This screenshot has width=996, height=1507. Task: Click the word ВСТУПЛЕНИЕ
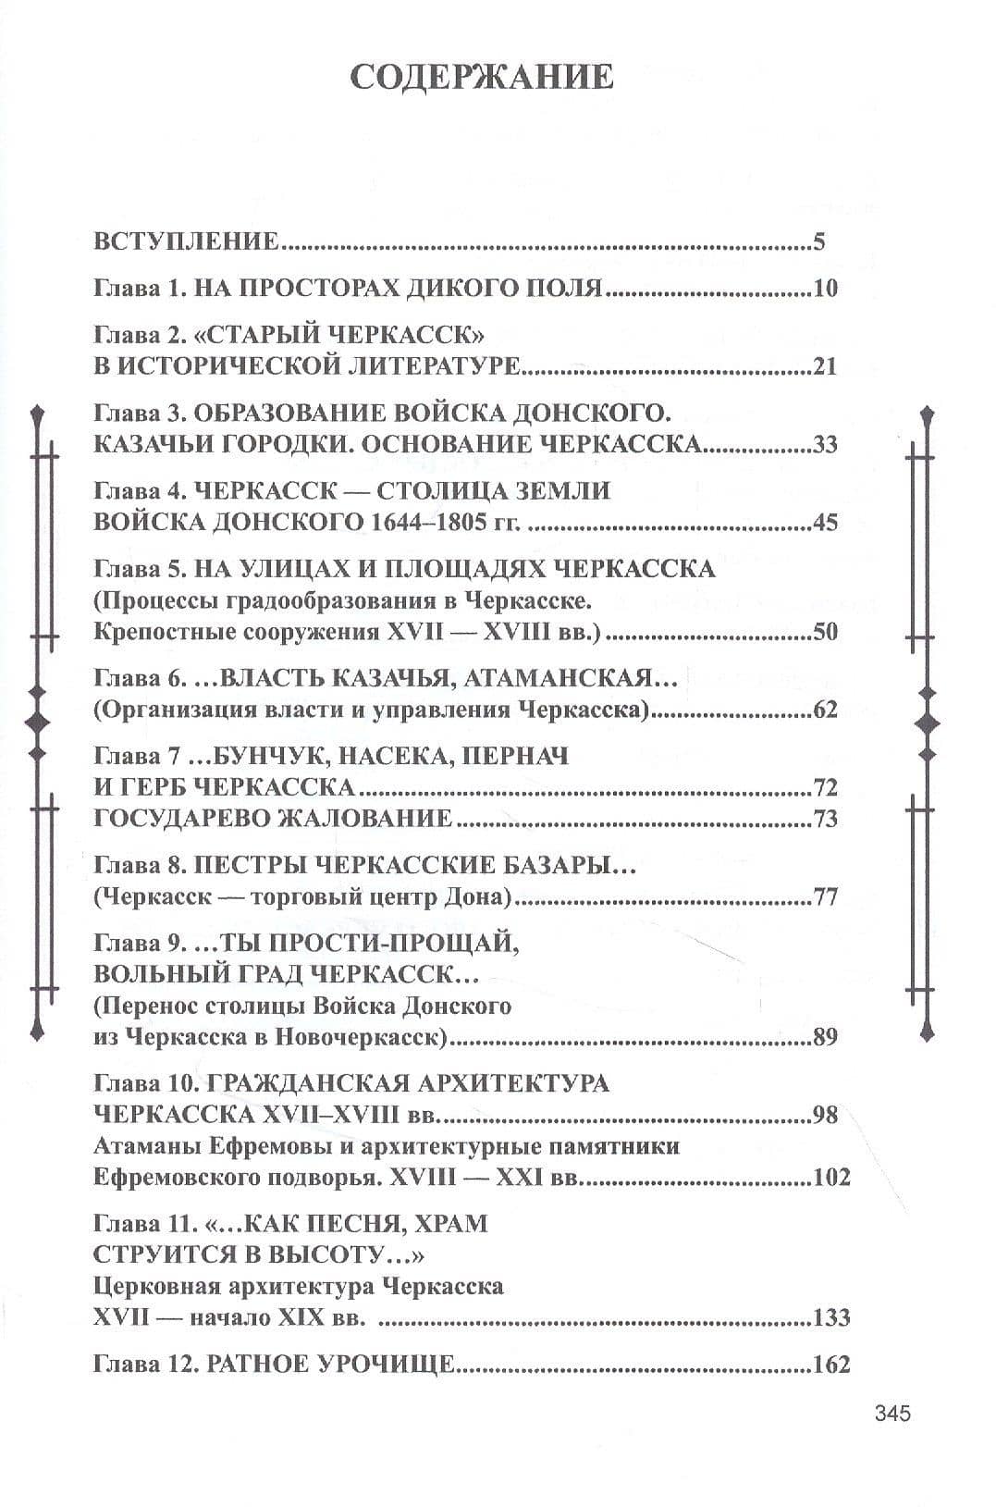186,243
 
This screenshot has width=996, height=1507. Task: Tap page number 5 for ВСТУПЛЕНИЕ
818,243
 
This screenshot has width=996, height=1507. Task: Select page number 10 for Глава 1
825,288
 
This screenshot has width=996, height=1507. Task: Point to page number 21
825,366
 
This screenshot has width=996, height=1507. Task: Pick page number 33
825,444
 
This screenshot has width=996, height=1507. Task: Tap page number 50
825,633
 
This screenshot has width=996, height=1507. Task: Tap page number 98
825,1114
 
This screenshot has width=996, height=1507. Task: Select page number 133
830,1317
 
